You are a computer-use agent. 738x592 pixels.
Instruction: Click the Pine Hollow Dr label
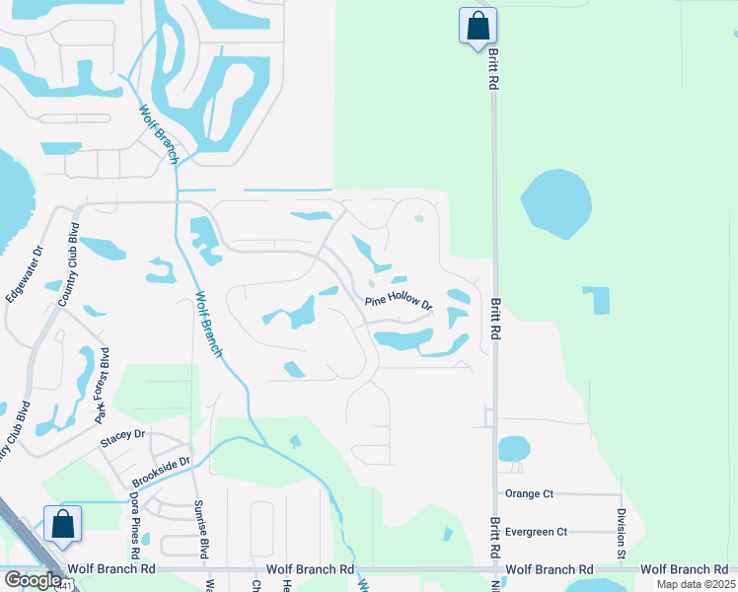click(399, 302)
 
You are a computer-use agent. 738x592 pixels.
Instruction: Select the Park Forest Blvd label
click(102, 386)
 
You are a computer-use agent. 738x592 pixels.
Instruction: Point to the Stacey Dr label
click(121, 433)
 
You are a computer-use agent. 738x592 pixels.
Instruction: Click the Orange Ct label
click(529, 493)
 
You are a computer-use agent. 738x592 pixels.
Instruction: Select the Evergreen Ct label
click(536, 531)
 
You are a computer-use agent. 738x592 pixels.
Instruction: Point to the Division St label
click(621, 533)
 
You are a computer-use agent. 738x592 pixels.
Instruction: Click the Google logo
click(34, 580)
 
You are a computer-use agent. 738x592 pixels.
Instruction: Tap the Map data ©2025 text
click(696, 584)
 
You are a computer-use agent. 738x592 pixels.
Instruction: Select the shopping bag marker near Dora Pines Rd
click(62, 524)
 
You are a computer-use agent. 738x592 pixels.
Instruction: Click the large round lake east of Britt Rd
click(555, 203)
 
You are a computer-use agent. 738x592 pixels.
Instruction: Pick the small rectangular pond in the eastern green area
click(596, 301)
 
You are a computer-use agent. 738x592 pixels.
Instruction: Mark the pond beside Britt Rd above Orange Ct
click(513, 449)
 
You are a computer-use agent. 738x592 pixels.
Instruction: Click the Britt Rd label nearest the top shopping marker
click(490, 70)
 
